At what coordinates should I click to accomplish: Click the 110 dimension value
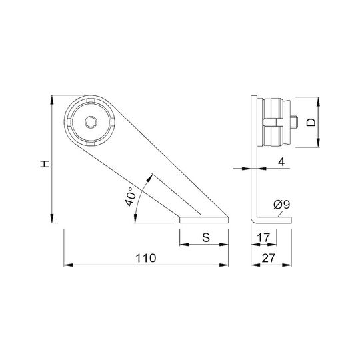[146, 258]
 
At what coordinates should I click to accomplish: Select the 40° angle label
[129, 197]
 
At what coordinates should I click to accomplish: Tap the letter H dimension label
[45, 164]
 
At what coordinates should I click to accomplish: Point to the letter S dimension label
[206, 237]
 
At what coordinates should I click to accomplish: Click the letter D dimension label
[311, 123]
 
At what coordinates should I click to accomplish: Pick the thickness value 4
[281, 162]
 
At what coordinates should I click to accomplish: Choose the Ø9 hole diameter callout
[282, 204]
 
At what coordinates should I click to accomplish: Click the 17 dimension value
[263, 237]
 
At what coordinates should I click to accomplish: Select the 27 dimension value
[268, 258]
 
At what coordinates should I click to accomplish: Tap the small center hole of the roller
[91, 122]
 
